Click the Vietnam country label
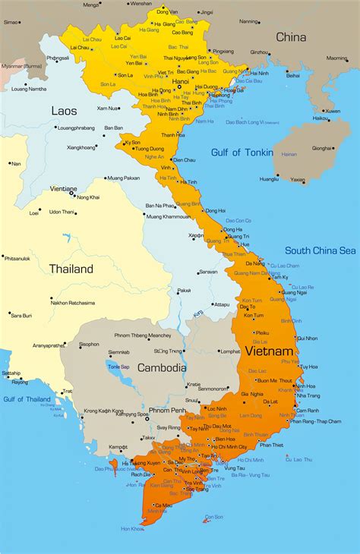(x=269, y=352)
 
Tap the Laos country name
(x=64, y=111)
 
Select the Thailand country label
(x=71, y=269)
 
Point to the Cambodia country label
(x=162, y=367)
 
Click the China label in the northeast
(x=291, y=36)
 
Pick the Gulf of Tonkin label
(x=237, y=153)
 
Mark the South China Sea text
(x=320, y=250)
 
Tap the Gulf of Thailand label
(x=27, y=398)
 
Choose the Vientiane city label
(x=63, y=188)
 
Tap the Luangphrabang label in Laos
(x=76, y=128)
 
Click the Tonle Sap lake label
(x=118, y=367)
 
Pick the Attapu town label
(x=221, y=304)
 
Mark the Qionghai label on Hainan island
(x=322, y=148)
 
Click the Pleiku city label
(x=261, y=332)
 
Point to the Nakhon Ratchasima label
(x=74, y=303)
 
